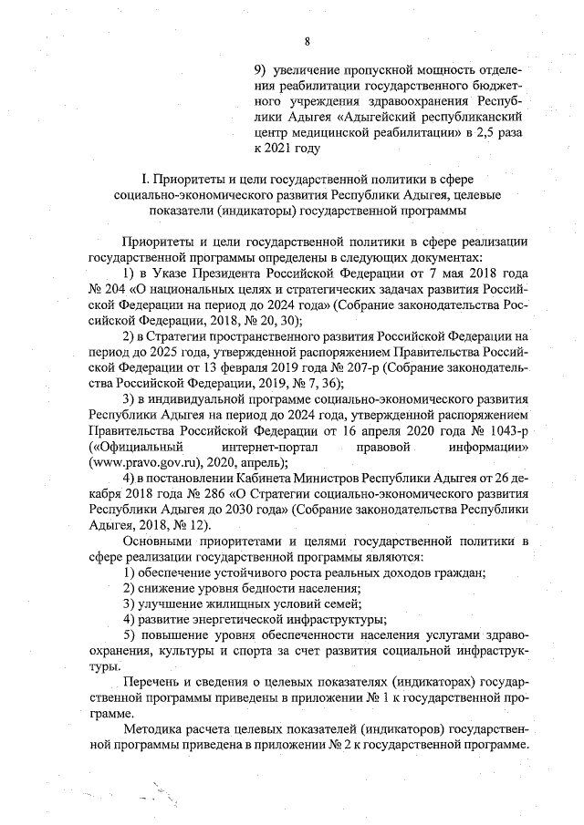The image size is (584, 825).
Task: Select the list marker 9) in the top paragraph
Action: coord(262,68)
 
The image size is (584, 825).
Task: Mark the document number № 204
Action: coord(107,289)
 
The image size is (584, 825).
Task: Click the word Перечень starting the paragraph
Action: coord(151,683)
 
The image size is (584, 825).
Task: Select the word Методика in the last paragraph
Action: coord(152,730)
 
